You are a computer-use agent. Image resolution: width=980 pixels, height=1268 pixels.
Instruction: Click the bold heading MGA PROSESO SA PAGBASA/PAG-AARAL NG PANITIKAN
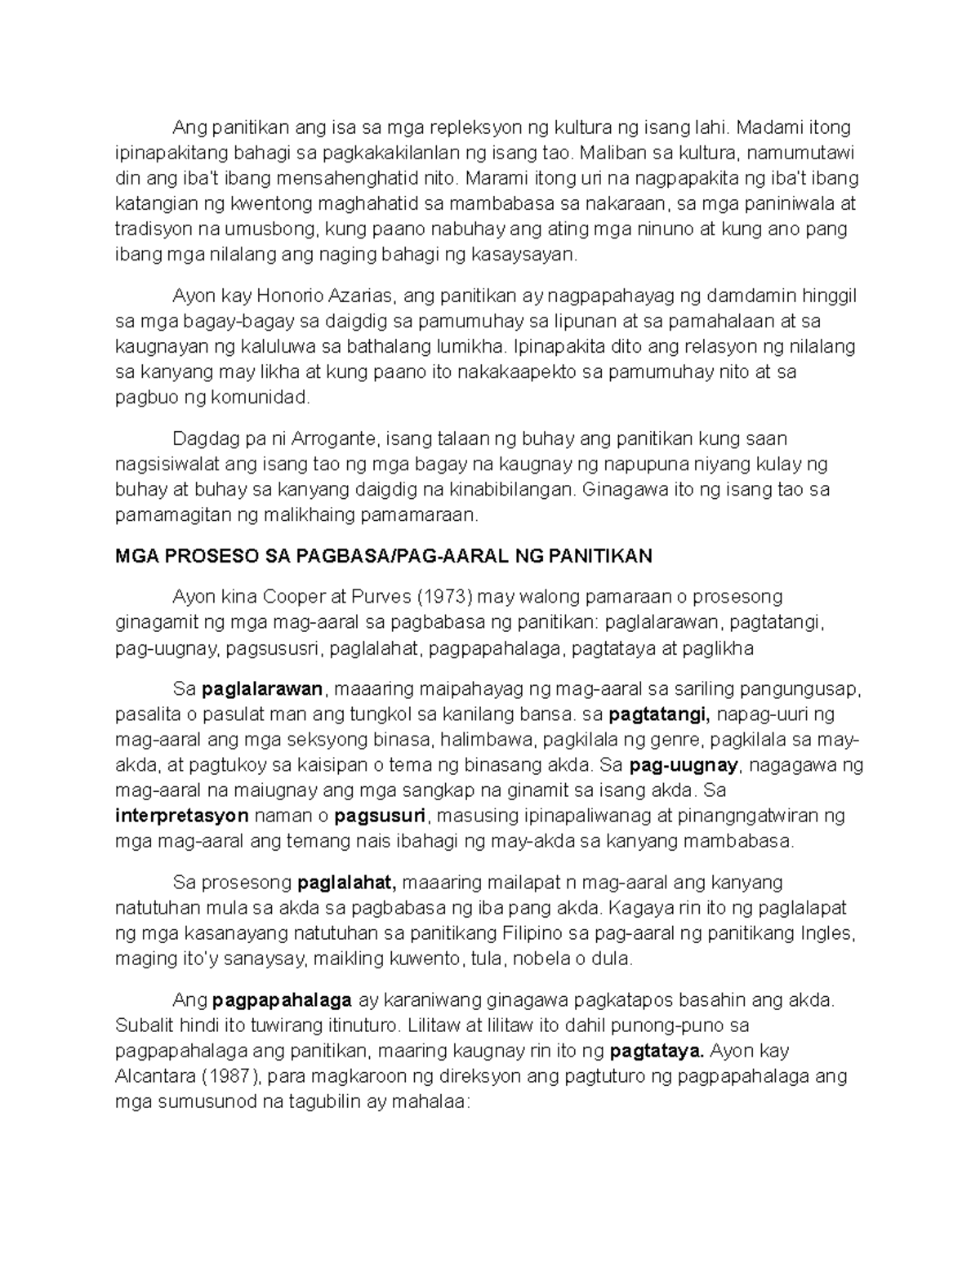click(x=384, y=557)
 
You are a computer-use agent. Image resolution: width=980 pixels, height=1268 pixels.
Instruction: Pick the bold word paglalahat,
click(x=346, y=883)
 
